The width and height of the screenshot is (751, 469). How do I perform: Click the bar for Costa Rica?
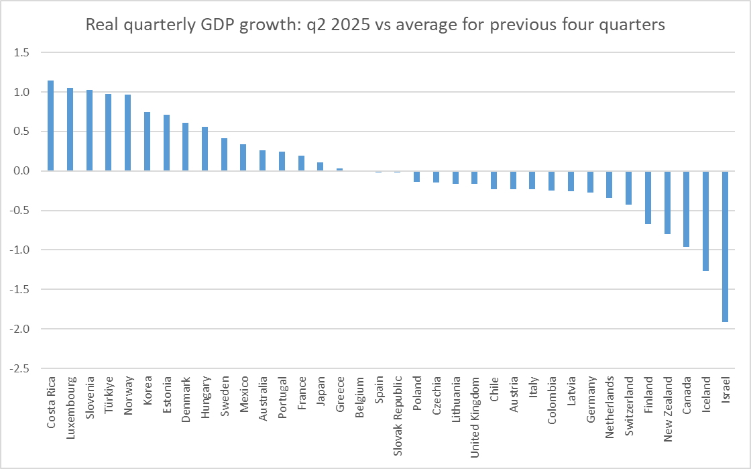[50, 126]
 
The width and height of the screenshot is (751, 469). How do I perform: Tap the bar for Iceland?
[706, 221]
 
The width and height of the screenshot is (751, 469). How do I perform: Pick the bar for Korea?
[147, 142]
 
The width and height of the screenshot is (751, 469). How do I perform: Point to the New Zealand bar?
[667, 203]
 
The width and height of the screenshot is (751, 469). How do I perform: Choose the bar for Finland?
[648, 197]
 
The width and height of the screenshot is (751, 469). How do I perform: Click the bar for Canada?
[687, 209]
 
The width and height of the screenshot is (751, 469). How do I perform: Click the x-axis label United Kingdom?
[475, 417]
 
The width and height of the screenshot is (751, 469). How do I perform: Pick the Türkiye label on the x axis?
[109, 398]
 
